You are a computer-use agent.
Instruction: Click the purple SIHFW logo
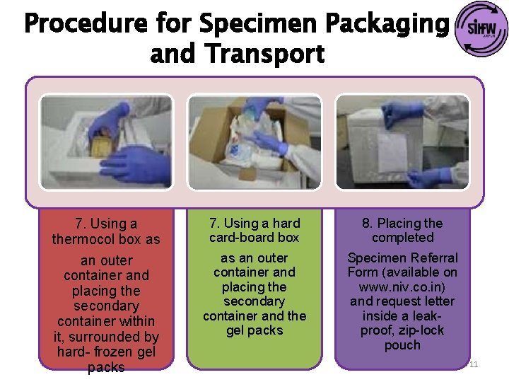click(482, 30)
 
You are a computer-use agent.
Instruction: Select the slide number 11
click(474, 364)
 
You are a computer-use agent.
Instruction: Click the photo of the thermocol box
click(106, 141)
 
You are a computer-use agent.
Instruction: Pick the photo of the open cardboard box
click(254, 141)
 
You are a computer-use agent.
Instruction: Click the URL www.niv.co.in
click(402, 287)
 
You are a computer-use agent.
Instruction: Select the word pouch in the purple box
click(402, 345)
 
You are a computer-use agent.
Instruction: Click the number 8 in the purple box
click(365, 224)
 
